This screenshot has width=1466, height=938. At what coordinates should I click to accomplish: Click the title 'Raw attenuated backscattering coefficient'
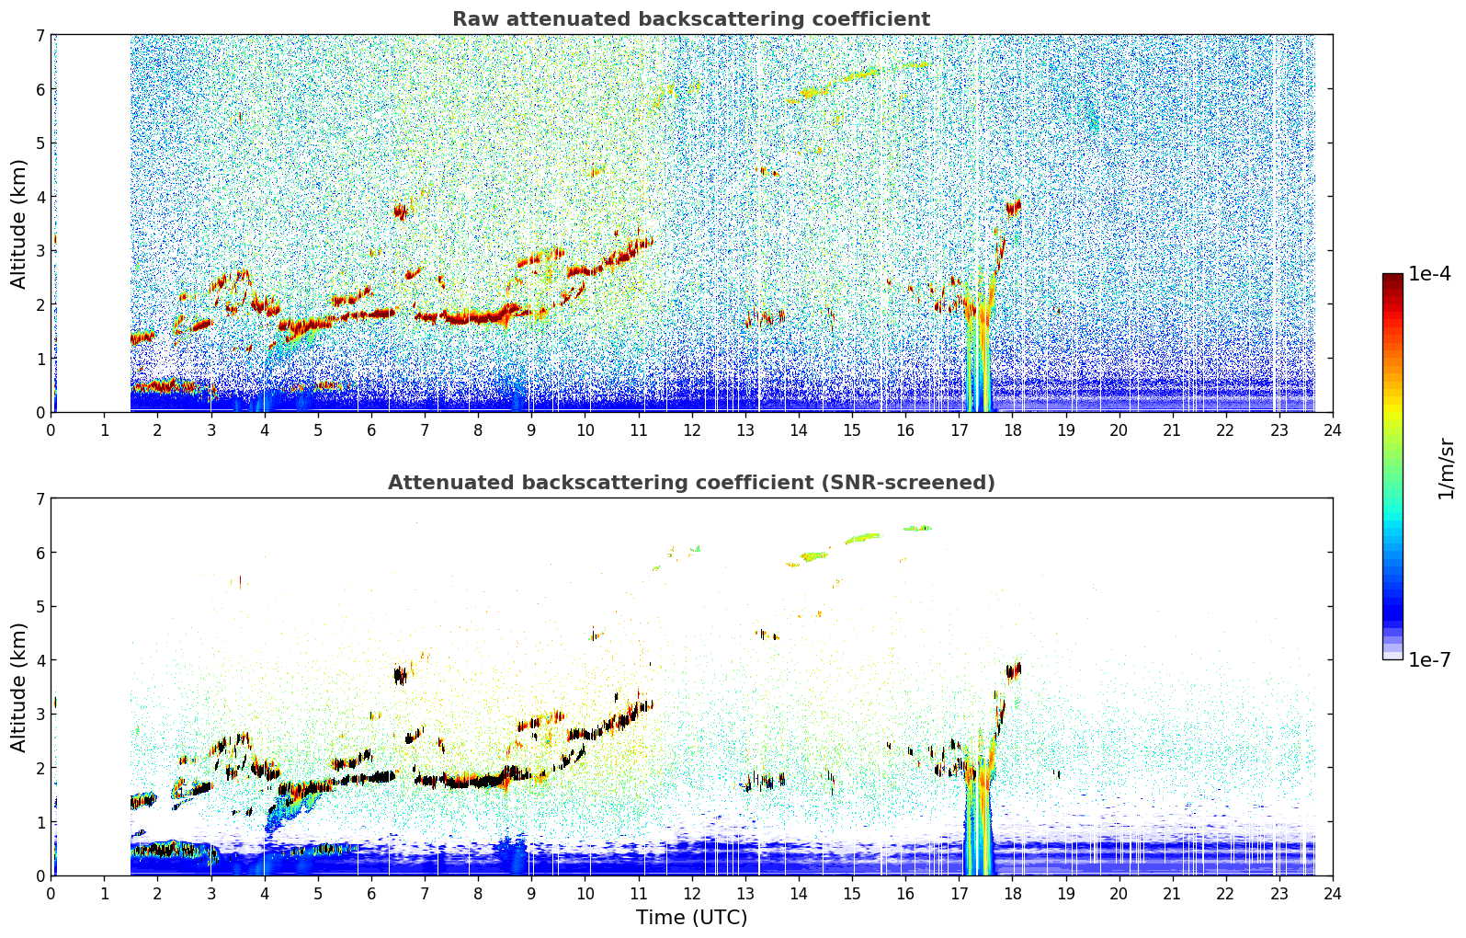click(x=691, y=19)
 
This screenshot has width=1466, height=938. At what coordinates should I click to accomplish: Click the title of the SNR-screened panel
click(x=691, y=482)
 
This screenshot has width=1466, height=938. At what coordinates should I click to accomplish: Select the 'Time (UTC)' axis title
click(x=691, y=918)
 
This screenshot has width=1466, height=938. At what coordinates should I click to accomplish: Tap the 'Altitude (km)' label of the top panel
click(x=18, y=224)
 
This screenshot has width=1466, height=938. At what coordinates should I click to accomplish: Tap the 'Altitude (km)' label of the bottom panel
click(x=18, y=687)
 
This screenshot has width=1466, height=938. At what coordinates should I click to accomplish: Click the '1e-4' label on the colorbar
click(x=1429, y=274)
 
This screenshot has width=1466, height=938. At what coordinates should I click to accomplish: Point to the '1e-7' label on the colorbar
click(x=1429, y=659)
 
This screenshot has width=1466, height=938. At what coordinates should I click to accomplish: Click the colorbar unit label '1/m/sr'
click(x=1446, y=469)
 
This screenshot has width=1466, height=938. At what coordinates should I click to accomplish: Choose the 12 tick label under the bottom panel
click(x=692, y=894)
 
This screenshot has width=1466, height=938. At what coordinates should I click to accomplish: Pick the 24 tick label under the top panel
click(x=1333, y=430)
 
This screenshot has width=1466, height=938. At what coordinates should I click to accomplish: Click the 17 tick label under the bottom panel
click(x=959, y=894)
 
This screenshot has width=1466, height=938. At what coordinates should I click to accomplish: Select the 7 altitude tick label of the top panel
click(x=40, y=35)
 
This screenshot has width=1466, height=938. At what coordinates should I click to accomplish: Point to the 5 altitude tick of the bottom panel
click(x=40, y=607)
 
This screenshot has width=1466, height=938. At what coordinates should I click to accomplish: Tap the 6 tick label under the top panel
click(x=371, y=430)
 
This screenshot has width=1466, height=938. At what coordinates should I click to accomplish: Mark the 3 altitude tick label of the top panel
click(x=40, y=251)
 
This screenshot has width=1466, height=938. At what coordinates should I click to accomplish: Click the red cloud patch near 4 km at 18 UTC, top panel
click(x=1013, y=209)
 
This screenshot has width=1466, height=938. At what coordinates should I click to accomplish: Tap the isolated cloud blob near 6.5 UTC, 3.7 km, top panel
click(x=400, y=212)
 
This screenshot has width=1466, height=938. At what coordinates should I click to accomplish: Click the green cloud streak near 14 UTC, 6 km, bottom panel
click(x=813, y=556)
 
